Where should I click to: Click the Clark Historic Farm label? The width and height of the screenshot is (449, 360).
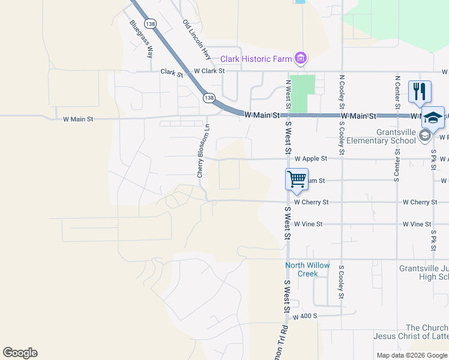click(256, 59)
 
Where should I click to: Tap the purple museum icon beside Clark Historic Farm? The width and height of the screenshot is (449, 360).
click(301, 58)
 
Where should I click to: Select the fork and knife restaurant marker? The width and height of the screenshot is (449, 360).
click(419, 92)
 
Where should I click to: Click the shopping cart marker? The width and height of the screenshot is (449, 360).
click(297, 179)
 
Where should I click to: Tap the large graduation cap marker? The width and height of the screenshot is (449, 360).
click(433, 117)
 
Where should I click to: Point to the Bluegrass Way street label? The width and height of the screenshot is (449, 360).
click(141, 39)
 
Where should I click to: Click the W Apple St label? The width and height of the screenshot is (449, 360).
click(311, 159)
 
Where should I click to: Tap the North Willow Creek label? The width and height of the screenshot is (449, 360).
click(307, 269)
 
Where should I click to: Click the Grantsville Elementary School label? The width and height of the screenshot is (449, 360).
click(396, 136)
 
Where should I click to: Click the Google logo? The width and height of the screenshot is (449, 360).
click(20, 353)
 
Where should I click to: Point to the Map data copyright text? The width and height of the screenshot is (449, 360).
click(412, 355)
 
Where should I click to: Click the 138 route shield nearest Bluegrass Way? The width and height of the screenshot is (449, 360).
click(151, 23)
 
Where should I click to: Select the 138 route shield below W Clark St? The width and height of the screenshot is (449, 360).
click(208, 97)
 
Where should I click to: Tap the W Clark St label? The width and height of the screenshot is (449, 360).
click(208, 71)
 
